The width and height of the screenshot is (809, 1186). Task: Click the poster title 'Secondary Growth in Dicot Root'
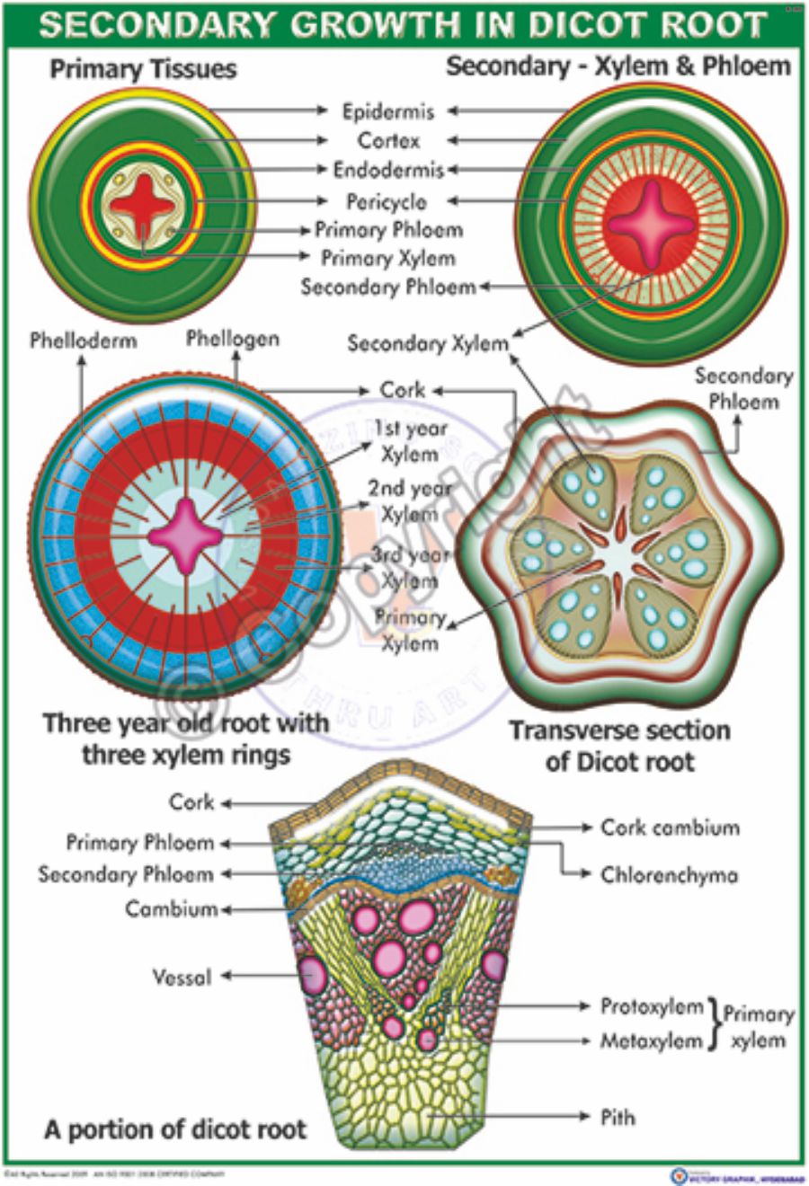click(x=404, y=24)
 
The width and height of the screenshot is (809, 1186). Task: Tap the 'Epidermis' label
click(x=388, y=111)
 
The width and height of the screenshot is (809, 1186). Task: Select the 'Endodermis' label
click(x=388, y=170)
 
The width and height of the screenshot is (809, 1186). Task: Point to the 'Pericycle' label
click(x=387, y=201)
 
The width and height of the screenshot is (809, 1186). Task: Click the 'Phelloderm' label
click(x=84, y=341)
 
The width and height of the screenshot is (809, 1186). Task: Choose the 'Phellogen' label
click(x=233, y=339)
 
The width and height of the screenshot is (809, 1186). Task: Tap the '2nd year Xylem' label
click(x=409, y=500)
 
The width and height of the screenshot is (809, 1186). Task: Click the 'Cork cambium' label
click(x=670, y=828)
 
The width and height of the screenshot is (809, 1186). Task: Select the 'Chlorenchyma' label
click(x=670, y=874)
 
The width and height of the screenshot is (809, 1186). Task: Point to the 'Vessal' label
click(x=182, y=977)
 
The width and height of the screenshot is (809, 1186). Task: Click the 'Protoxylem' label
click(x=652, y=1006)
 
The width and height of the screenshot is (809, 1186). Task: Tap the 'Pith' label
click(x=618, y=1117)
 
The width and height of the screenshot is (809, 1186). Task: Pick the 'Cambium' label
click(x=172, y=909)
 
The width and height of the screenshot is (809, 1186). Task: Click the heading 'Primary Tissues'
click(x=144, y=69)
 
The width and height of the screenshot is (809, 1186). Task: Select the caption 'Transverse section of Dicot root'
click(x=620, y=746)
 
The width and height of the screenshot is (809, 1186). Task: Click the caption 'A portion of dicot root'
click(x=175, y=1129)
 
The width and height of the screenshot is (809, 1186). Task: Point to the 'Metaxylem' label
click(x=652, y=1041)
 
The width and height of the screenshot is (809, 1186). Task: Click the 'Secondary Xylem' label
click(x=428, y=343)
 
